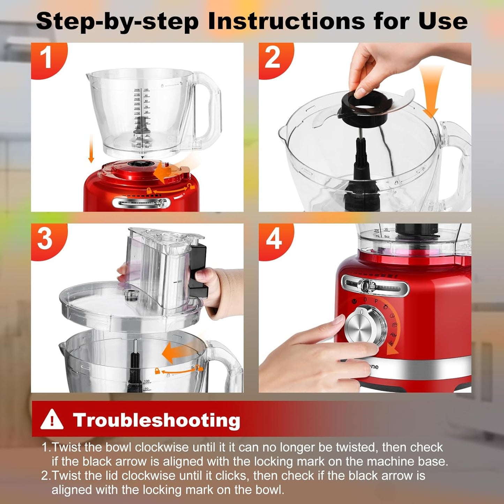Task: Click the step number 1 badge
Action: pos(46,58)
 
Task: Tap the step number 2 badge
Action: pos(272,58)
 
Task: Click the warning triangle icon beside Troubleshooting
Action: pos(52,420)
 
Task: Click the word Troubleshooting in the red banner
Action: pos(157,420)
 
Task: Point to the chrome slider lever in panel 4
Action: pos(366,286)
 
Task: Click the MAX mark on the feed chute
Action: pos(178,281)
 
